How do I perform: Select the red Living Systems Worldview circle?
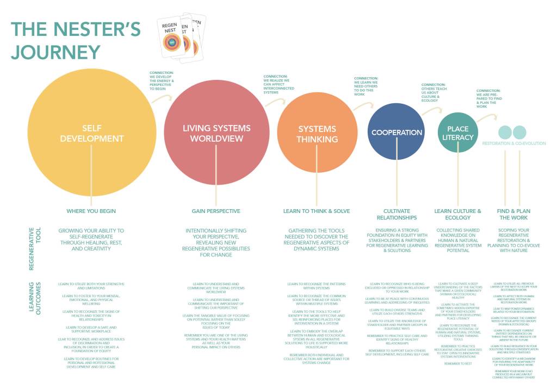pos(216,133)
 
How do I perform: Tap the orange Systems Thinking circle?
pos(317,134)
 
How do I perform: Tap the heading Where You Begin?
pos(91,211)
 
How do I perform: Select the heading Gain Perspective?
pos(216,211)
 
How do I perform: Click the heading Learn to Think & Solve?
pos(316,211)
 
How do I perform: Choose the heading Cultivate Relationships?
pos(397,214)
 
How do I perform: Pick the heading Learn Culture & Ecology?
pos(457,214)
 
